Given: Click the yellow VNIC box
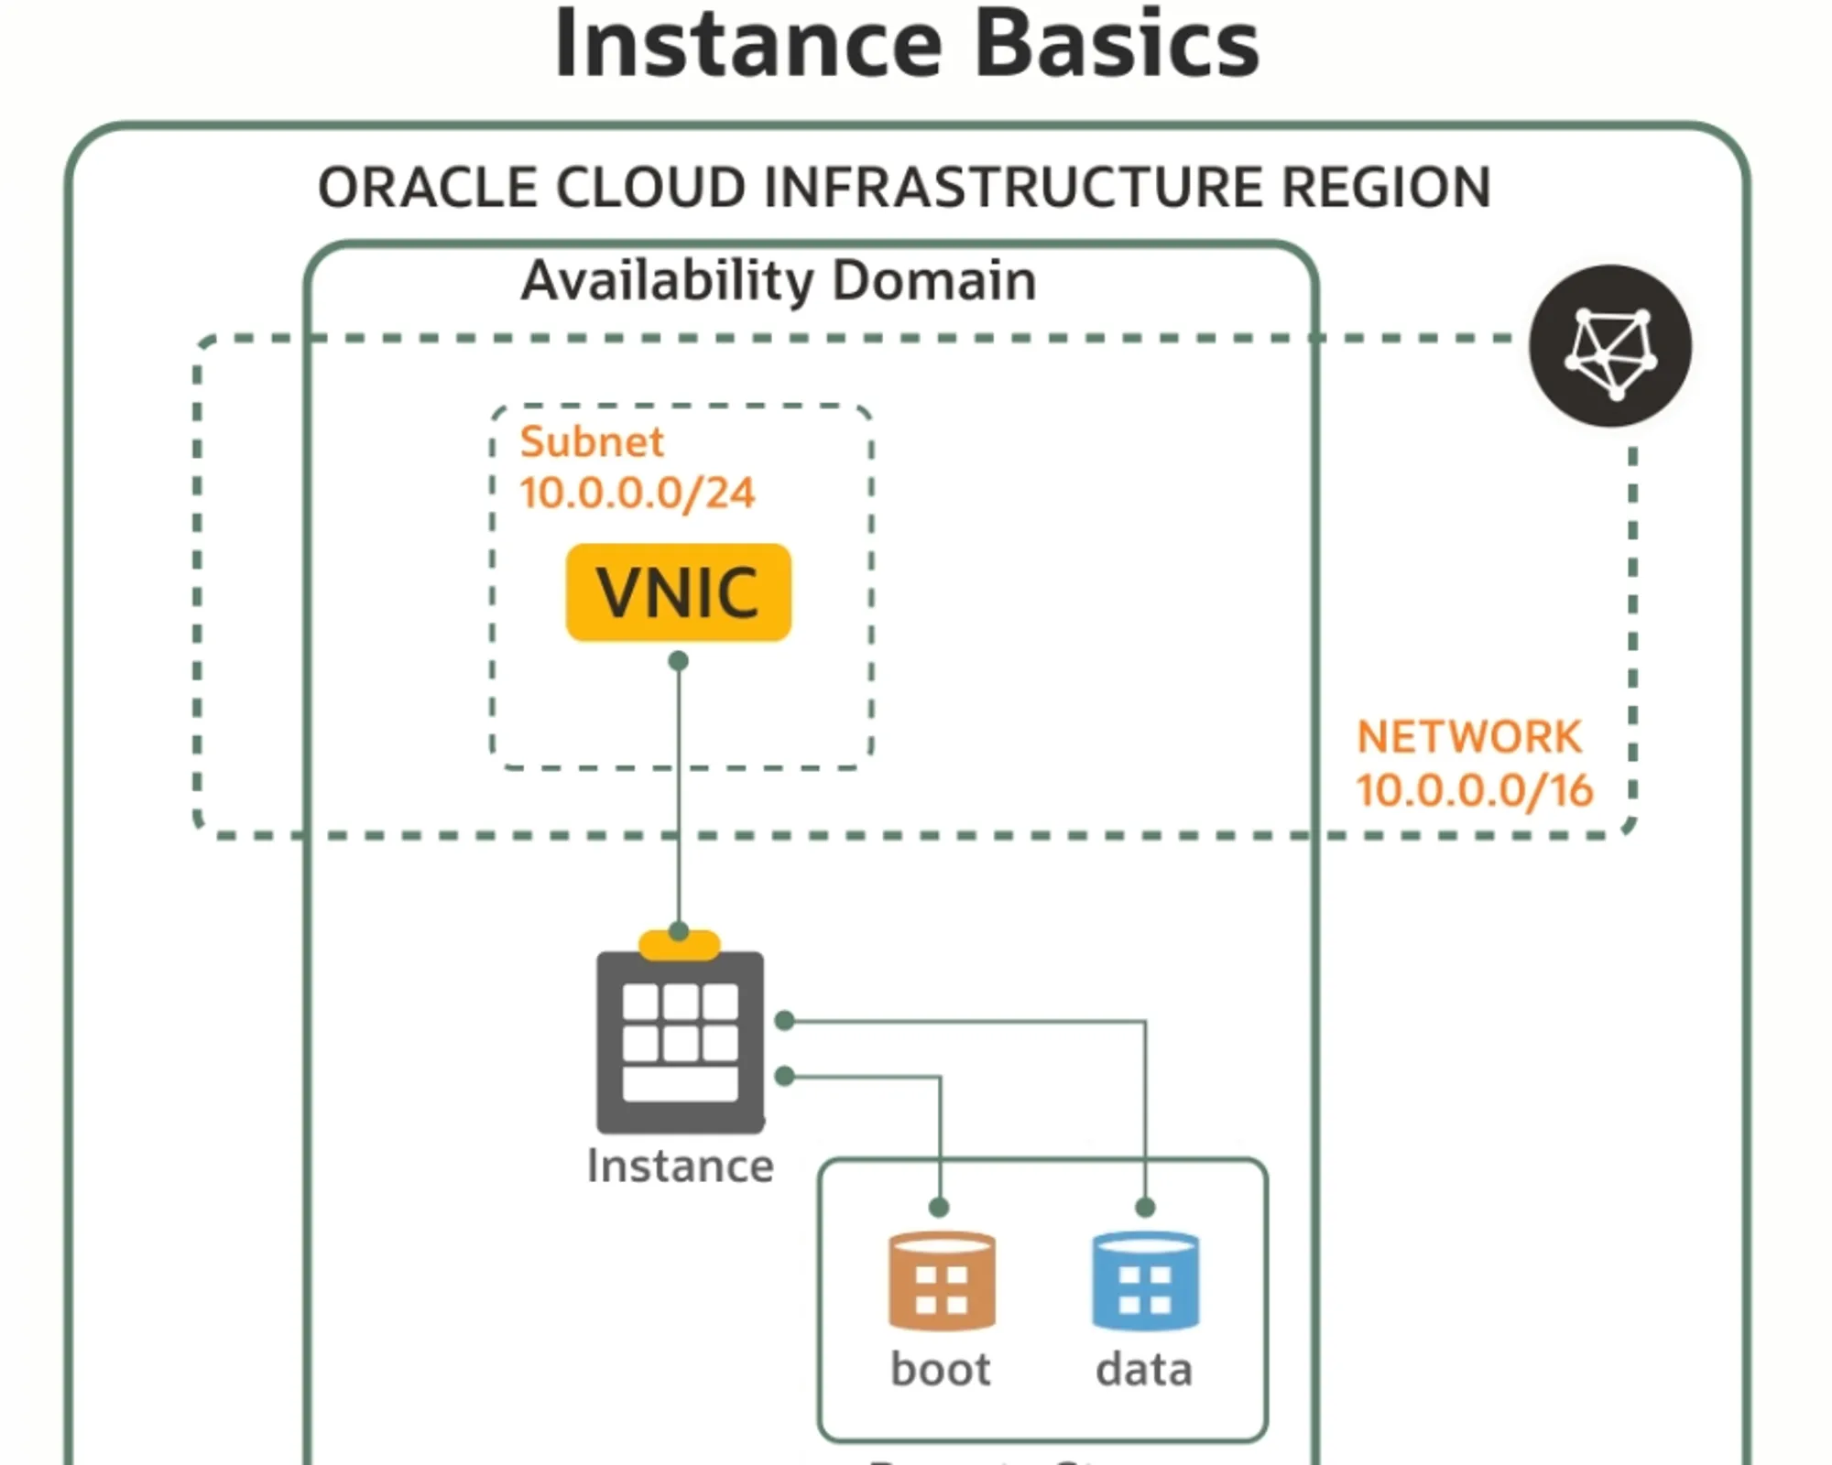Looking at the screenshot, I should (678, 592).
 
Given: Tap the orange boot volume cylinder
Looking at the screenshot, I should (942, 1281).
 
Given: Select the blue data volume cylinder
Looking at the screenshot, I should (1145, 1281).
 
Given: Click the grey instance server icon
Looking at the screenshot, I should (680, 1042).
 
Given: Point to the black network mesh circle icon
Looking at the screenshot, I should (1610, 346).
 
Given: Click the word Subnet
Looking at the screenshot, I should (592, 442).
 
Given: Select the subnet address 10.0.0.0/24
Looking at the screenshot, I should (638, 494).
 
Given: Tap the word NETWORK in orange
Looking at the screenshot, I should (1469, 737).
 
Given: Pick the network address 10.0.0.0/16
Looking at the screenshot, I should (1475, 790).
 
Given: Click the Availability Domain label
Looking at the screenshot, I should (779, 280).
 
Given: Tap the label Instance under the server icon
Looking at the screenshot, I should (680, 1167).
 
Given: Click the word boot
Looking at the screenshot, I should (941, 1370).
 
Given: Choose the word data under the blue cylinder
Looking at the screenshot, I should (1144, 1370).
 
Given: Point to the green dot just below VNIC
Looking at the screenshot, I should (678, 661).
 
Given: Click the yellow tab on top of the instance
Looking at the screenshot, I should (679, 943).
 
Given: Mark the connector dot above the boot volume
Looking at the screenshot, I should (939, 1208).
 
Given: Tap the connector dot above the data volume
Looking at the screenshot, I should (1145, 1208).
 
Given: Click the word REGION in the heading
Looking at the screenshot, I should (1386, 188).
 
